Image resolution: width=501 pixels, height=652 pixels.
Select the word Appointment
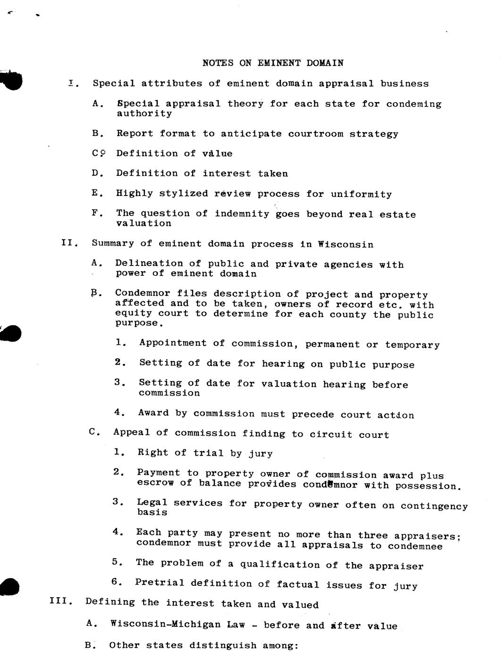point(173,343)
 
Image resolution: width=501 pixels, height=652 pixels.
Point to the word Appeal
point(131,433)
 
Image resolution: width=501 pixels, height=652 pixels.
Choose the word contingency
point(434,506)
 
